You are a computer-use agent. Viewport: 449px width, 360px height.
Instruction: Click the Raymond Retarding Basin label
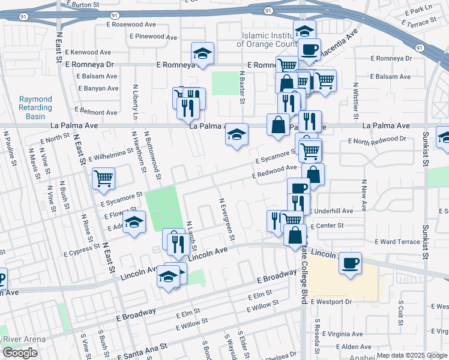pos(35,108)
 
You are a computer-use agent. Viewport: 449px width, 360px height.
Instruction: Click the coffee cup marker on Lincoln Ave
pos(350,262)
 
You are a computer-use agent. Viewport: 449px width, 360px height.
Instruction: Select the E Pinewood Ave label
pos(152,37)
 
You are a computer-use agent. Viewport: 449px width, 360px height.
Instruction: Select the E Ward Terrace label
pos(397,242)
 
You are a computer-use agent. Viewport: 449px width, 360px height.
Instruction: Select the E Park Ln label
pos(418,11)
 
